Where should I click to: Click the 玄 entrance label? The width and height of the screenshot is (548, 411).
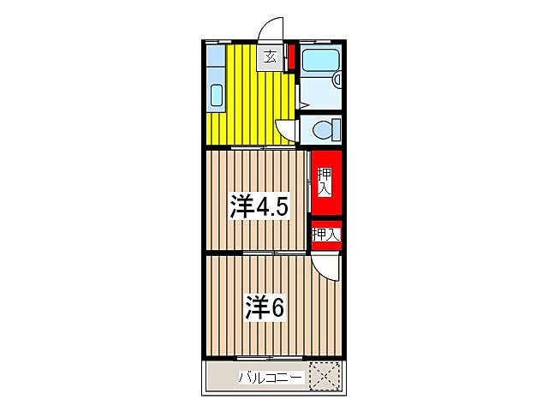(x=270, y=57)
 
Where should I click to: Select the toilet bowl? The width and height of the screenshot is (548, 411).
(x=324, y=130)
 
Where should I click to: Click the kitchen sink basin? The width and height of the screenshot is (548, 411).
(x=215, y=94)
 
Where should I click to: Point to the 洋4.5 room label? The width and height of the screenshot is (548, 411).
(x=256, y=206)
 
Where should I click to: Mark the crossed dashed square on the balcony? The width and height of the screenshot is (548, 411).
(x=325, y=375)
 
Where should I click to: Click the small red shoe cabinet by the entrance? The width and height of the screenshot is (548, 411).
(x=292, y=58)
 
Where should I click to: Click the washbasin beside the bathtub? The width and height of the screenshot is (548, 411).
(x=337, y=80)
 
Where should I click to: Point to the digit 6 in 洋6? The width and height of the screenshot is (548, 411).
(x=277, y=307)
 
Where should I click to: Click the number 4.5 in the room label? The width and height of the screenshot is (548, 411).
(x=273, y=206)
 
